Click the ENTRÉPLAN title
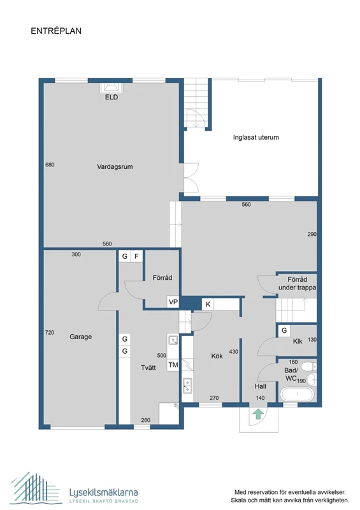tap(56, 31)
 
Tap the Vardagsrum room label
tap(115, 167)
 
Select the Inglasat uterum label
tap(256, 137)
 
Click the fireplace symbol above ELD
tap(112, 87)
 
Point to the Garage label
tap(81, 337)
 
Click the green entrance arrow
tap(258, 414)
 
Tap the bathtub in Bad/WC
tap(297, 394)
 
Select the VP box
tap(173, 302)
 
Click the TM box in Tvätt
tap(173, 365)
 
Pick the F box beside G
tap(136, 256)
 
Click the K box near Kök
tap(208, 305)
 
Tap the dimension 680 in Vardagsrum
tap(50, 165)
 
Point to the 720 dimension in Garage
tap(50, 332)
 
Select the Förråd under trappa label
tap(297, 283)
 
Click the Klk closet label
tap(298, 341)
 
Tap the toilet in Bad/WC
tap(308, 367)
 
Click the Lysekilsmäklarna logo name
tap(103, 492)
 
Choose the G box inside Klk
tap(284, 331)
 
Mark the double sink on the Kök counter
tap(187, 386)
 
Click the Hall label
tap(260, 386)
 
